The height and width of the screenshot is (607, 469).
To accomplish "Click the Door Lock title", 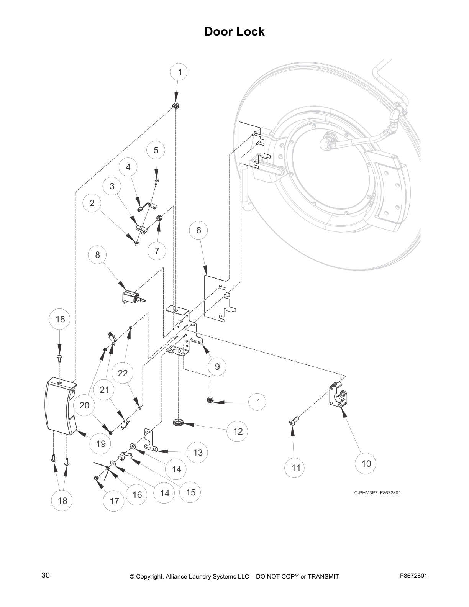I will (234, 31).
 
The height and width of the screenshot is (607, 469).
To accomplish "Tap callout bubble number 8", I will (97, 255).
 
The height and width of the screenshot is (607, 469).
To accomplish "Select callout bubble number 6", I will (198, 230).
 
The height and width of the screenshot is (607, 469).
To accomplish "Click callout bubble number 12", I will (238, 431).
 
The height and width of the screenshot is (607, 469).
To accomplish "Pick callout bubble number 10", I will (366, 464).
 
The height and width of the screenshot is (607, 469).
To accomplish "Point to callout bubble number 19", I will (101, 444).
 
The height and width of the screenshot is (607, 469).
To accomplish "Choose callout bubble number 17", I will (114, 501).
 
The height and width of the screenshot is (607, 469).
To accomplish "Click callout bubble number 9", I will (217, 367).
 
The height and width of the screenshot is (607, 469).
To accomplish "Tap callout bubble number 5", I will (156, 150).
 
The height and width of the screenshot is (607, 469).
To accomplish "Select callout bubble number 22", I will (123, 373).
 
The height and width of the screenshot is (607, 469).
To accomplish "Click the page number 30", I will (46, 576).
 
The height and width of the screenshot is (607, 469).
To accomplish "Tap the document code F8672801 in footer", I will (413, 576).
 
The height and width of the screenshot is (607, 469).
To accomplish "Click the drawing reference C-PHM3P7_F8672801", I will (377, 493).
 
